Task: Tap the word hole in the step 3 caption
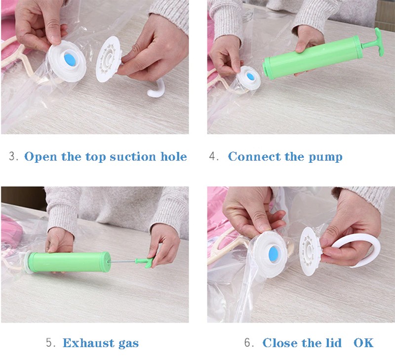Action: click(x=174, y=156)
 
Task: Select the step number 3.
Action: click(x=13, y=156)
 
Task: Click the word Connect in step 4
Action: click(x=254, y=156)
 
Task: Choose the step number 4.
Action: click(x=214, y=156)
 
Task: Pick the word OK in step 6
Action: click(x=363, y=343)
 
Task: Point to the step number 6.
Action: click(x=249, y=343)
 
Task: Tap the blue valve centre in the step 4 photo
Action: click(x=250, y=76)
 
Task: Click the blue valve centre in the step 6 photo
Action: click(x=274, y=252)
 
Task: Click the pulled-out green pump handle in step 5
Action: click(x=145, y=262)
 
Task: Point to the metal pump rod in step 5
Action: click(x=123, y=262)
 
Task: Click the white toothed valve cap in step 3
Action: click(x=108, y=59)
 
